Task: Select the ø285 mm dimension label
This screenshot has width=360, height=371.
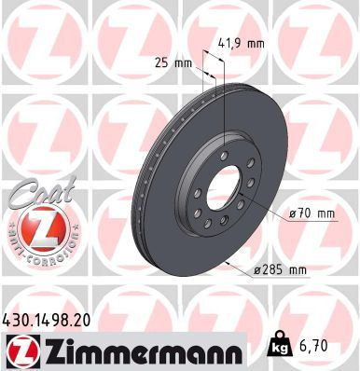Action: tap(281, 270)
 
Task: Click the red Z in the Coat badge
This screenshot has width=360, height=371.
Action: tap(37, 231)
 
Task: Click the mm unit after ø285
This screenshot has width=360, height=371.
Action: tap(297, 270)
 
